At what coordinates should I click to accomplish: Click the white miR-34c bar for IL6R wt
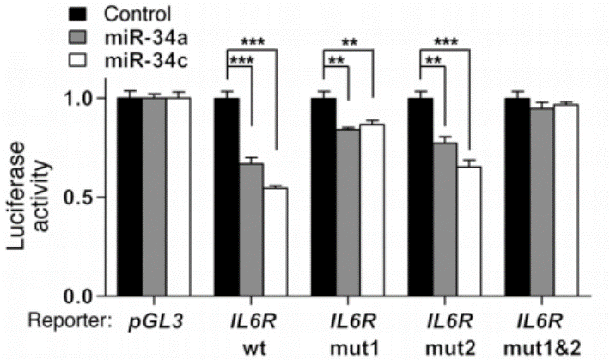click(275, 241)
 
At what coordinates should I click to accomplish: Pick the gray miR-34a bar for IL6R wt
click(251, 229)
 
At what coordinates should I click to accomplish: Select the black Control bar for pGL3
click(130, 197)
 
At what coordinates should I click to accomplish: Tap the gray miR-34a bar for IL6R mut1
click(348, 212)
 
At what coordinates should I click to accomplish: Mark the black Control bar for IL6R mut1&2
click(517, 197)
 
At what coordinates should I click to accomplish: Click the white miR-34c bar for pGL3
click(179, 197)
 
